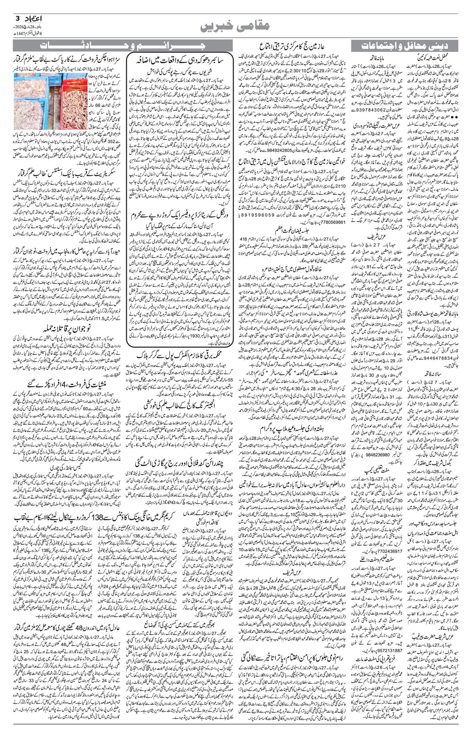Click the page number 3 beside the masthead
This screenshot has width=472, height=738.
click(x=17, y=18)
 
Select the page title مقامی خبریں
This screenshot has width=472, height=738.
click(x=235, y=26)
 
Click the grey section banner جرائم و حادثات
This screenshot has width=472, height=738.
click(x=123, y=46)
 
